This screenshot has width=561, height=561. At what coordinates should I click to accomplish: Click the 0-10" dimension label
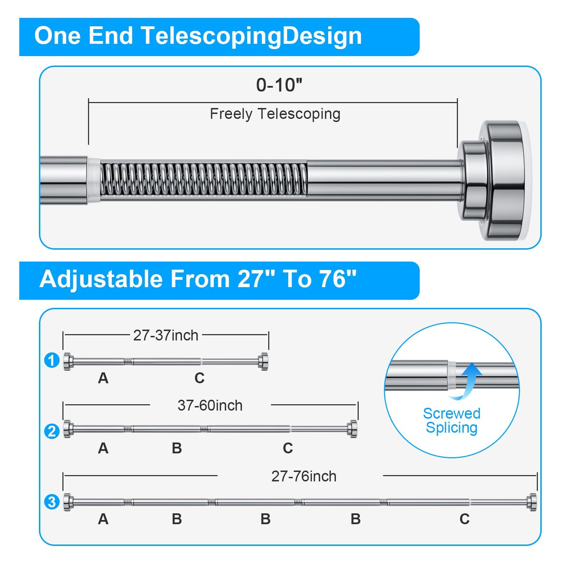(x=279, y=85)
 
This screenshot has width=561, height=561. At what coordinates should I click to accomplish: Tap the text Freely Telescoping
(x=275, y=114)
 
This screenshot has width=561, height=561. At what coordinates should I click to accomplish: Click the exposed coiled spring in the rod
(x=204, y=179)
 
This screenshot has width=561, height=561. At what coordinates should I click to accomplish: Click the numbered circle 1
(x=52, y=360)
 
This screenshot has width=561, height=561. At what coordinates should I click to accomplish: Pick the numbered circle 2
(x=52, y=431)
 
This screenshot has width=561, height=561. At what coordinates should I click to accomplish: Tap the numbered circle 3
(x=52, y=502)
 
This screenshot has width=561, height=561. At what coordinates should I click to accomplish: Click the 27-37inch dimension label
(x=166, y=336)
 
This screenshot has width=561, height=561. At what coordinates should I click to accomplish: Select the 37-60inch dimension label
(x=210, y=405)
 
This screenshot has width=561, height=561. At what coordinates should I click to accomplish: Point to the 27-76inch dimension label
(x=304, y=476)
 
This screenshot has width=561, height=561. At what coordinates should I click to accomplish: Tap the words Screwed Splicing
(x=452, y=421)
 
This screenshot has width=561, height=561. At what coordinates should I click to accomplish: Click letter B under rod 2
(x=177, y=448)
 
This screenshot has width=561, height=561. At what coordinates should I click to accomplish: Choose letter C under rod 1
(x=200, y=378)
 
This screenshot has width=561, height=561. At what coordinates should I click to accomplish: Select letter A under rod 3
(x=103, y=519)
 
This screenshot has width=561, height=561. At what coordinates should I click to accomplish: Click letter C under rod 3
(x=465, y=519)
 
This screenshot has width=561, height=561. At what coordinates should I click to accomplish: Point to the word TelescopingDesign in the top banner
(x=251, y=36)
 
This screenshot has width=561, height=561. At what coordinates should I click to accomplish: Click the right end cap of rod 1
(x=263, y=361)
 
